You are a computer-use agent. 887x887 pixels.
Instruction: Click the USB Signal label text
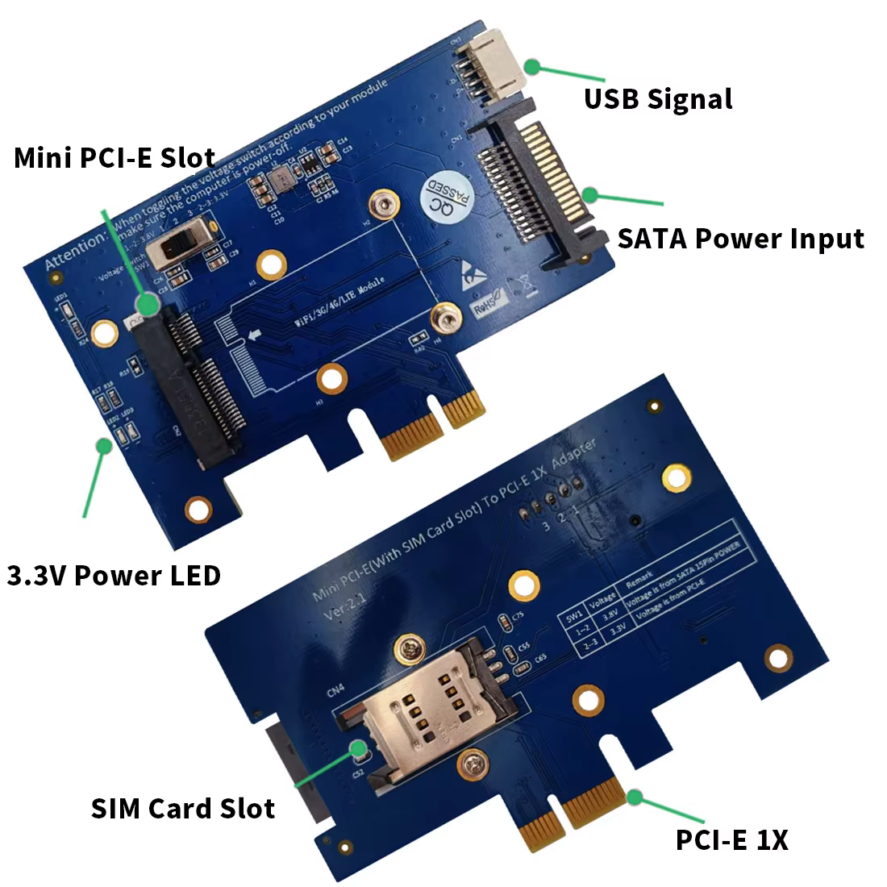658,99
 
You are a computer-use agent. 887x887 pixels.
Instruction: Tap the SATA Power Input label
740,239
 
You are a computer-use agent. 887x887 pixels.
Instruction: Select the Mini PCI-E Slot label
115,158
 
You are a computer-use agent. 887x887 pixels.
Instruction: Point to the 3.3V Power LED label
114,576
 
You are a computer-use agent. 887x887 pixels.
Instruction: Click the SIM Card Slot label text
183,808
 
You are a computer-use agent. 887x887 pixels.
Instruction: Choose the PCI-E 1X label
731,840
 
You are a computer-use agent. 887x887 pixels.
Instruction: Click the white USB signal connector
491,64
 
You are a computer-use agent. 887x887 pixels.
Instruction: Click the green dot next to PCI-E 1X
635,797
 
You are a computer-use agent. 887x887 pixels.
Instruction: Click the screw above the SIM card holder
408,646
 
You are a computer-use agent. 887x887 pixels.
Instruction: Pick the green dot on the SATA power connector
590,194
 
